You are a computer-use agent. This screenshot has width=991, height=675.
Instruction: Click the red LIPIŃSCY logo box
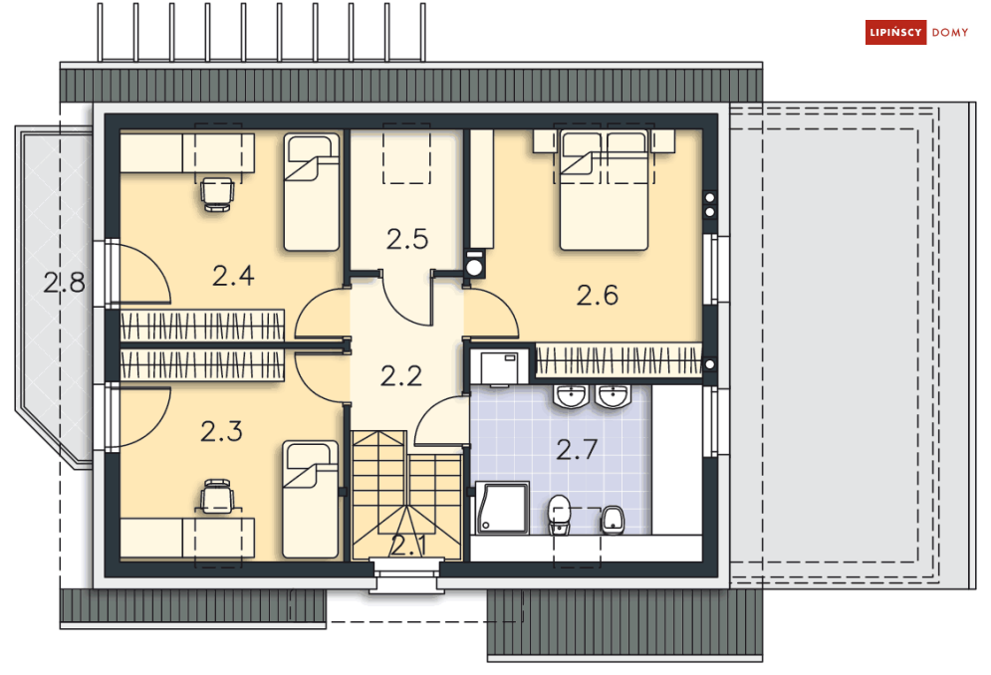point(895,33)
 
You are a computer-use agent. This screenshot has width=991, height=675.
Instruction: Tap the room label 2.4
point(233,276)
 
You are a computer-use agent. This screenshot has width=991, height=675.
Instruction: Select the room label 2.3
point(221,432)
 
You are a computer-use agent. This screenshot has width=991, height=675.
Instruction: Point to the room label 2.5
point(407,240)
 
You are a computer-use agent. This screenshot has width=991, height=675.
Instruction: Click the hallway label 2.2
point(401,376)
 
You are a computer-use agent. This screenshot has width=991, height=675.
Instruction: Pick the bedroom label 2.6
point(598,295)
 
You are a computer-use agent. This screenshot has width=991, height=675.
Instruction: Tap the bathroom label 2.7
point(577,449)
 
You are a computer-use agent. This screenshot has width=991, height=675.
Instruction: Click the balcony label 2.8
point(65,283)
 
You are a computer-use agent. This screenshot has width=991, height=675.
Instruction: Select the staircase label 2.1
point(407,546)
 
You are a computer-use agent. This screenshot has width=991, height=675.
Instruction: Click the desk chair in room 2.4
point(217,194)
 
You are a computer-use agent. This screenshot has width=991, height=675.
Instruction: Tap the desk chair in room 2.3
point(217,496)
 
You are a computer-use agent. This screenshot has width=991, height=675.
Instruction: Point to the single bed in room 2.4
point(312,191)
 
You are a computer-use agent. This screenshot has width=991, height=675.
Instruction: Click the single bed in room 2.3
point(310,500)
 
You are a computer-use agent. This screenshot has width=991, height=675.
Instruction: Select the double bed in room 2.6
point(605,189)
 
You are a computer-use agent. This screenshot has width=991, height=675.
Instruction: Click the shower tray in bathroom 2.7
point(502,508)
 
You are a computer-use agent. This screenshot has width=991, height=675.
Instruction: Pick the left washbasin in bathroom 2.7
point(571,396)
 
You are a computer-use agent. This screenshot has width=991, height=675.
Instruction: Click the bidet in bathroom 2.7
point(612,520)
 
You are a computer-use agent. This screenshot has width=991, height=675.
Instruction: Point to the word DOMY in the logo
point(950,33)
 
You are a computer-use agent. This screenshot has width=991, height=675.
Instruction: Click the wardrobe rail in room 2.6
point(619,360)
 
